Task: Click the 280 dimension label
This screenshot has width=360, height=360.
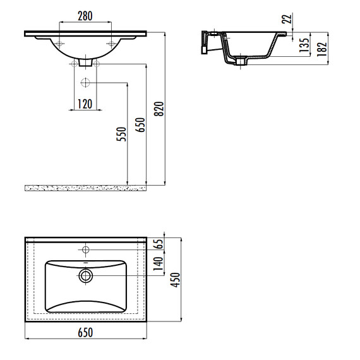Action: click(85, 16)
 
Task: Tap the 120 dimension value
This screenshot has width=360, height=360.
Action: click(85, 104)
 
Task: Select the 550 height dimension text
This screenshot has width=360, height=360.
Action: click(121, 134)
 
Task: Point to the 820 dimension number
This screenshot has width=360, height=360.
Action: click(159, 109)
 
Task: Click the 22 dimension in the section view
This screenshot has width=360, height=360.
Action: click(287, 18)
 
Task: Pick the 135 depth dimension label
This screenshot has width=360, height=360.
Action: click(304, 45)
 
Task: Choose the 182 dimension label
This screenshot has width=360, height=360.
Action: click(322, 49)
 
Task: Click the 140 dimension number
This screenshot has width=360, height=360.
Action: click(158, 264)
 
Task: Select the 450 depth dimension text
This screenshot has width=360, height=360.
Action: click(176, 280)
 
